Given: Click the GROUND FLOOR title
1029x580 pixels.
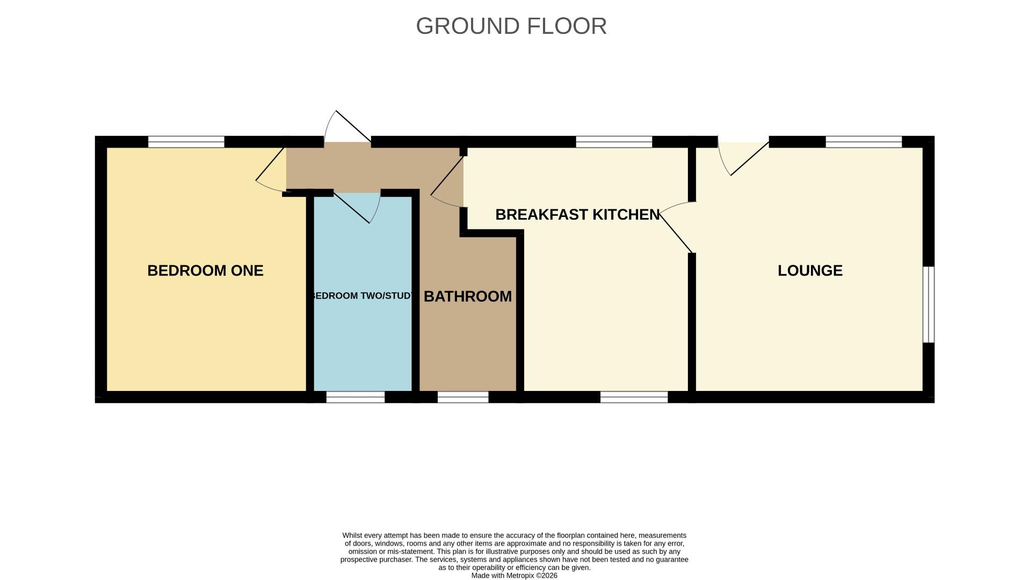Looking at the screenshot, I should [511, 26].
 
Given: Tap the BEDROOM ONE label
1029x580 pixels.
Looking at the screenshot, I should [205, 270].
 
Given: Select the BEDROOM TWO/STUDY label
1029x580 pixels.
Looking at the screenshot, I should [363, 296].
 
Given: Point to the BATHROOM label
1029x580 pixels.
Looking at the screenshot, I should [467, 296].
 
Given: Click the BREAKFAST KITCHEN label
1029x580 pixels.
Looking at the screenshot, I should [577, 214].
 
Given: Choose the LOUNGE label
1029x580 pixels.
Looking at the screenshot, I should [810, 270].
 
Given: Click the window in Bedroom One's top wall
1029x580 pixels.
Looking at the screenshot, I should [186, 142].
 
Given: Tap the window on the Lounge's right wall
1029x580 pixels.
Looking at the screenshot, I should [929, 304].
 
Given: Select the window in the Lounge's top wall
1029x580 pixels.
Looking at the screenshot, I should [864, 142].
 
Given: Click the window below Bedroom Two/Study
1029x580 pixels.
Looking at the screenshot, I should [356, 397].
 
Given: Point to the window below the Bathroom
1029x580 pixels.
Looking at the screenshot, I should [463, 397].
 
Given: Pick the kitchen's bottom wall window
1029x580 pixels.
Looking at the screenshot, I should [634, 397].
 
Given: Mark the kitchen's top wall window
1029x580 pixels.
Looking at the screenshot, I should [614, 142].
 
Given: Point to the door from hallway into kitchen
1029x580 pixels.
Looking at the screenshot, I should [447, 183].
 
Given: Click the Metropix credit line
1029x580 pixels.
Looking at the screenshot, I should [514, 575].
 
